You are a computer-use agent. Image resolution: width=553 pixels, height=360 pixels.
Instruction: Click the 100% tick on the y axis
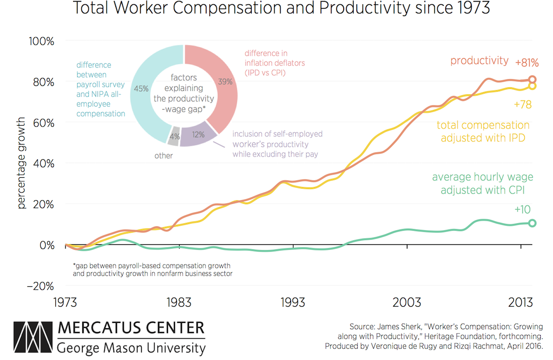pos(42,41)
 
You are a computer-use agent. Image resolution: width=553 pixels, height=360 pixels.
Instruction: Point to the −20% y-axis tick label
pos(39,286)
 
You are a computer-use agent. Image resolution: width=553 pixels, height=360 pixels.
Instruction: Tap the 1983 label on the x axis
pos(179,303)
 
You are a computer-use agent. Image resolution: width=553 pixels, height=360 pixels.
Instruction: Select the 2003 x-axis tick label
pos(407,303)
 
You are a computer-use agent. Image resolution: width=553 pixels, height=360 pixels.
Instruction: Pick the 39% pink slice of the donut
pos(218,80)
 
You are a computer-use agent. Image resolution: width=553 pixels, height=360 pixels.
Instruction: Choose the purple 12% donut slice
pos(196,136)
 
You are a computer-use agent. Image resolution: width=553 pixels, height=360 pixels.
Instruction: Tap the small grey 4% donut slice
pos(174,136)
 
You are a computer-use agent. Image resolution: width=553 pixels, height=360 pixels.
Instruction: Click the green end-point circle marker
pos(532,223)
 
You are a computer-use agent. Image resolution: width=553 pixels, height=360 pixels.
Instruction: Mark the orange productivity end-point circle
pos(532,79)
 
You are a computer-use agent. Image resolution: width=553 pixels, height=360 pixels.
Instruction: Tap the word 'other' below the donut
pos(164,155)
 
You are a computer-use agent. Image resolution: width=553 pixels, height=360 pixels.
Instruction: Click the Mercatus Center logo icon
pos(33,339)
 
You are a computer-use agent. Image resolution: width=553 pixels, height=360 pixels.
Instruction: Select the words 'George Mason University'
pos(131,349)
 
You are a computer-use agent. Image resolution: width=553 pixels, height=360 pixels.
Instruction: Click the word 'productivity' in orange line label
pos(479,60)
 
